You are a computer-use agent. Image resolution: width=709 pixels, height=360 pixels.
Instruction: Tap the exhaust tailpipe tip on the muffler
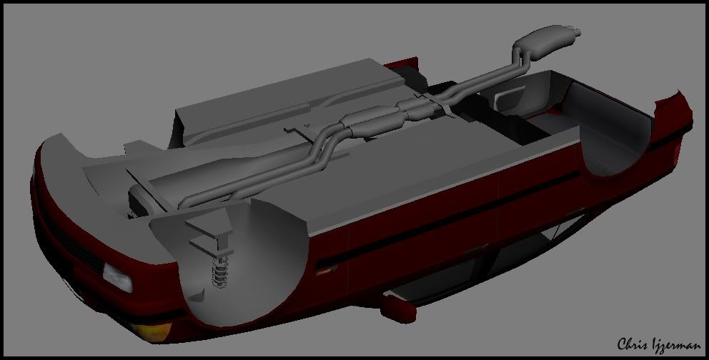575,32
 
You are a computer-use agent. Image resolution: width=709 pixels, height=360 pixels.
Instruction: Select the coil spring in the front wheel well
219,271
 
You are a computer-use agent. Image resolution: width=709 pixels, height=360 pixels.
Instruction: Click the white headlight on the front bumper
117,277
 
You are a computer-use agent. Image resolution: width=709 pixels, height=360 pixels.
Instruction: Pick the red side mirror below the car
398,308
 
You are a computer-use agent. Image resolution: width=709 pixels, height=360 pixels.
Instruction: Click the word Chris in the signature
634,344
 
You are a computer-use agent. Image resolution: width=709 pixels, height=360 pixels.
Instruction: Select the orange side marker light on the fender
327,271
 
